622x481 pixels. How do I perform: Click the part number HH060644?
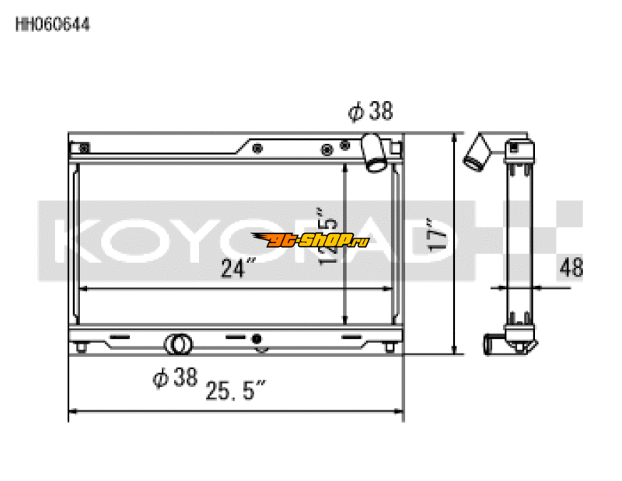point(53,25)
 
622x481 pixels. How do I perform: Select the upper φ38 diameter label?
point(370,113)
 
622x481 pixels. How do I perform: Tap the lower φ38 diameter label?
point(174,378)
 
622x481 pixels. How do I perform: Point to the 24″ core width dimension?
point(238,270)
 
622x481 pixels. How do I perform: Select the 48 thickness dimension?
point(571,268)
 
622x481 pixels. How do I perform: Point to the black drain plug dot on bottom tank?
point(256,340)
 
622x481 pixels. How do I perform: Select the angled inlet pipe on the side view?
point(476,152)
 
